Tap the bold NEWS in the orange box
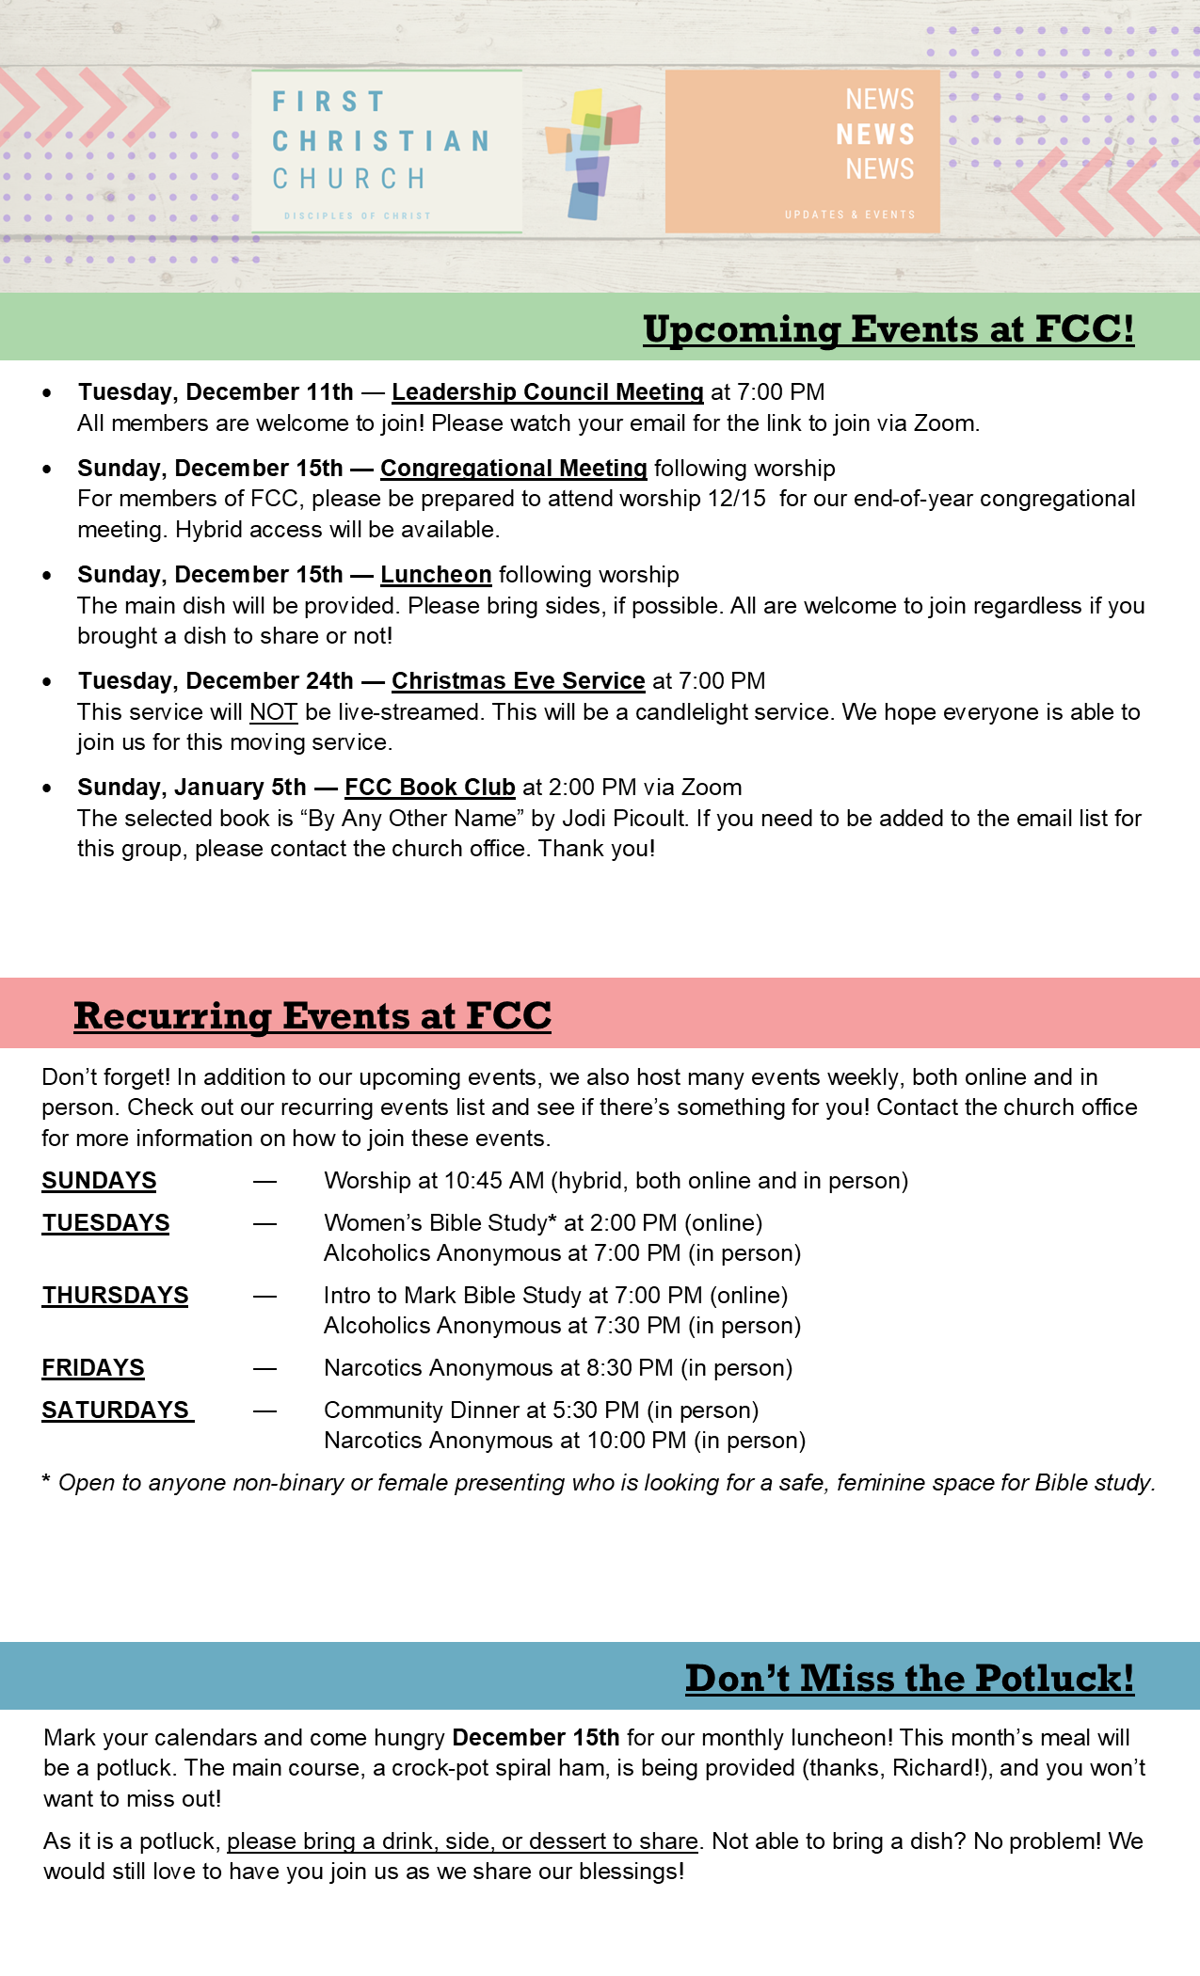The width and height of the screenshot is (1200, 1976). [875, 135]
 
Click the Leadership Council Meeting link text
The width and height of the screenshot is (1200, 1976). [547, 391]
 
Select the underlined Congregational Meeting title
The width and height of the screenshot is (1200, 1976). [513, 468]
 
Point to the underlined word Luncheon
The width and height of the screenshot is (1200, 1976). [436, 574]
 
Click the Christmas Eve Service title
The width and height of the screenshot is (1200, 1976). [518, 680]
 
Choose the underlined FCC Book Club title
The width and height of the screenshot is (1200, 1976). [429, 787]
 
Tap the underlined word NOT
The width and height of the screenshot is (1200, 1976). [273, 711]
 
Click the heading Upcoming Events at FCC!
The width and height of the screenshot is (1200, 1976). [888, 328]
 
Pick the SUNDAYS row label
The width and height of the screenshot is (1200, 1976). [99, 1180]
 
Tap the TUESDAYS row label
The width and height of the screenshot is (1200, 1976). [105, 1222]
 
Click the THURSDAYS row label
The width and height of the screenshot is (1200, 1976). [115, 1295]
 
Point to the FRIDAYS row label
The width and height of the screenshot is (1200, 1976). [92, 1367]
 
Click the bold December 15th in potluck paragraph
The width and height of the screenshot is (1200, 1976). [536, 1737]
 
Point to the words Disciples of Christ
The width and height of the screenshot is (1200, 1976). [357, 215]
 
